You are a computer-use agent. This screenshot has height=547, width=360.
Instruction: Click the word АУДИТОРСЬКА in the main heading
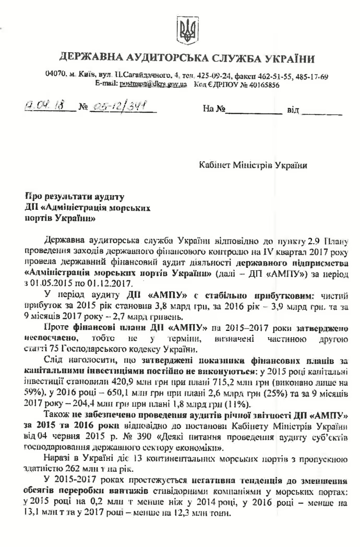tap(152, 57)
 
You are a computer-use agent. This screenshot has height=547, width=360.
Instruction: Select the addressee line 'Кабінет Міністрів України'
tap(254, 165)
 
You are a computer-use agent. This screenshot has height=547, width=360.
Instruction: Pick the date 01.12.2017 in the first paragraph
tap(102, 283)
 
